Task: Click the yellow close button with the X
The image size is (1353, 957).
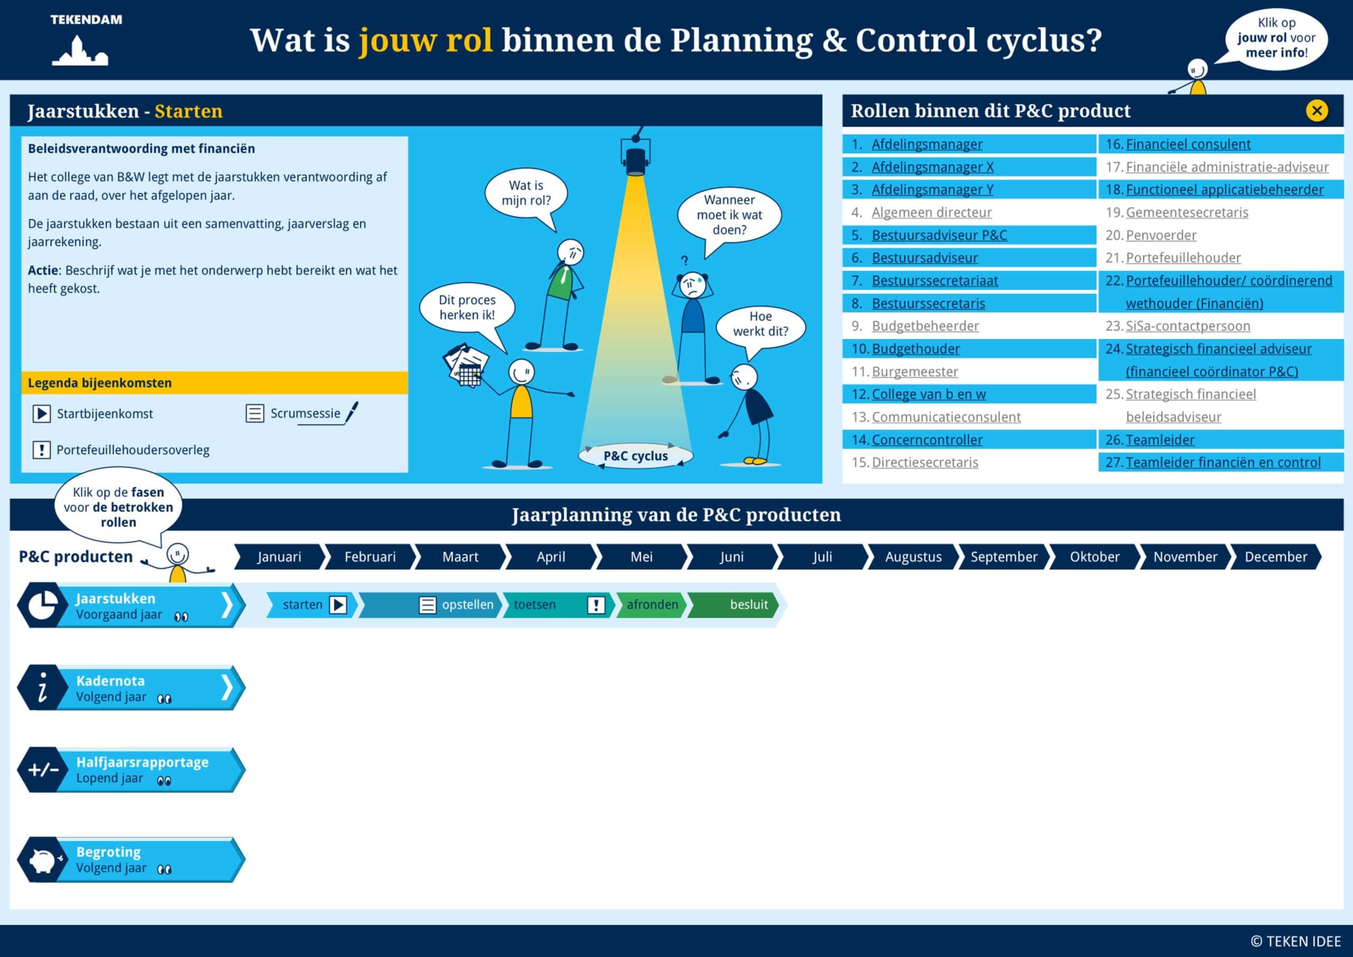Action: click(x=1317, y=111)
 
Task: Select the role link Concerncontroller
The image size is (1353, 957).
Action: click(x=927, y=440)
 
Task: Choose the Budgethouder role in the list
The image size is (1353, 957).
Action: click(x=915, y=349)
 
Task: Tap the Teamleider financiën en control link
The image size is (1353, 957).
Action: click(x=1223, y=462)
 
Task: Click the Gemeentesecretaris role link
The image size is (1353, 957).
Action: click(x=1187, y=212)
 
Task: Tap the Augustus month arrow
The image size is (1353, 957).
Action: click(x=913, y=557)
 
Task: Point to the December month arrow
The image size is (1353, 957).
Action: click(x=1275, y=557)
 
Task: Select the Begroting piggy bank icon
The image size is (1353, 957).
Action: click(x=43, y=860)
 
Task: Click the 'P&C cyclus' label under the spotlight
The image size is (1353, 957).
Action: click(x=635, y=456)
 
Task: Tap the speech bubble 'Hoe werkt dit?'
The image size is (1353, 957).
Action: click(x=760, y=324)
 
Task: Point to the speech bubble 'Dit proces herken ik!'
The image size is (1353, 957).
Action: click(x=467, y=308)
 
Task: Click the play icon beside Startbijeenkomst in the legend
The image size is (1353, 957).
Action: click(x=41, y=414)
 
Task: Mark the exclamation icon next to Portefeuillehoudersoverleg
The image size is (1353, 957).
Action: click(x=41, y=450)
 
